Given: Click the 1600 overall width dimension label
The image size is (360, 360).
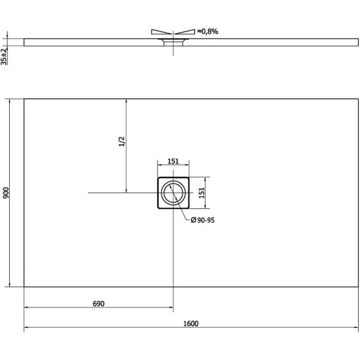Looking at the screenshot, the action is click(x=191, y=323).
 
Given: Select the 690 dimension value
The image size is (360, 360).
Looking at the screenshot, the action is click(x=99, y=304).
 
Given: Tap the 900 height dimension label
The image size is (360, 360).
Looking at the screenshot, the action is click(x=6, y=193).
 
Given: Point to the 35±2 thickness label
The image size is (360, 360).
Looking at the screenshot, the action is click(x=4, y=56).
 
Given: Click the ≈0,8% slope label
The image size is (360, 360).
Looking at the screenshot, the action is click(x=208, y=32).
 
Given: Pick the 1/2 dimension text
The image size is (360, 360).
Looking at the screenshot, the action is click(x=122, y=141).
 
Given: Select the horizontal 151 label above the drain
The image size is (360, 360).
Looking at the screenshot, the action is click(x=173, y=161).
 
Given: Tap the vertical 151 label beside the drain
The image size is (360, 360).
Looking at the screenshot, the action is click(x=202, y=193).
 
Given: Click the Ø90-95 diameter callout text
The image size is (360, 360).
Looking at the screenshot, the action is click(x=203, y=220).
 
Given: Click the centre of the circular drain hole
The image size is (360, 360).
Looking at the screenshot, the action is click(x=173, y=193).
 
